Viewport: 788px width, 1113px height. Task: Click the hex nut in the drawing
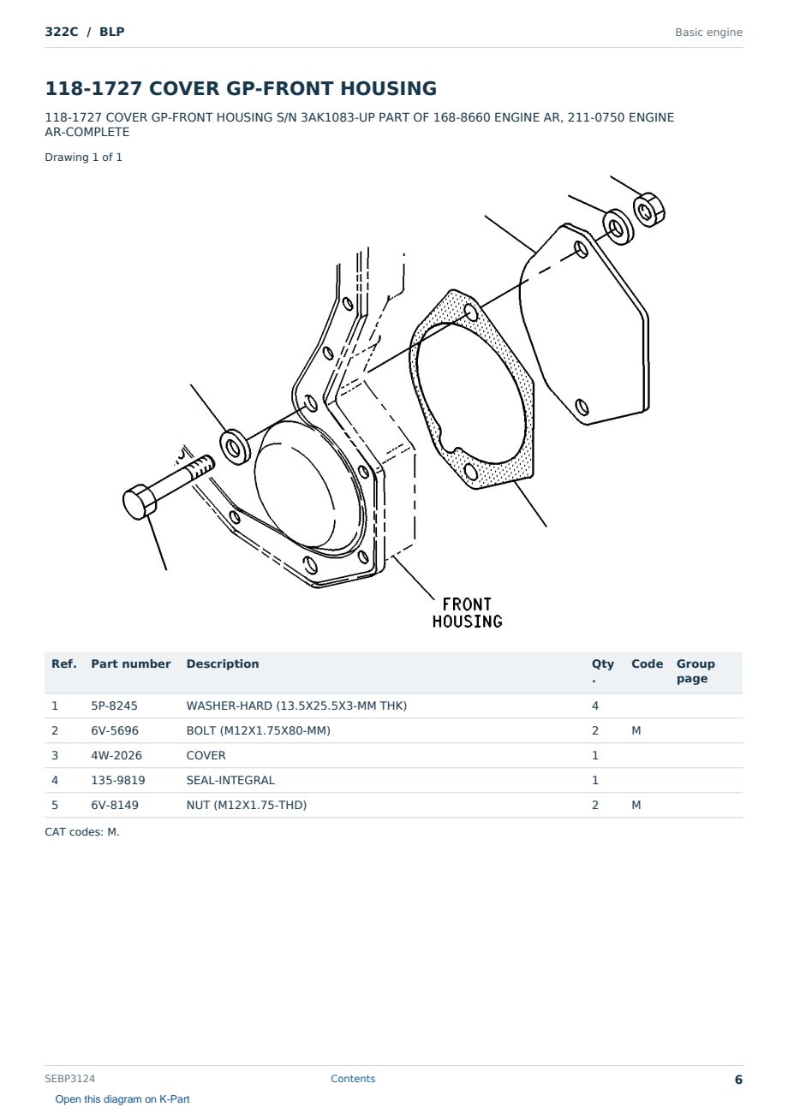coord(648,210)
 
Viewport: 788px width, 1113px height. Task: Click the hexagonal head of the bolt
coord(140,502)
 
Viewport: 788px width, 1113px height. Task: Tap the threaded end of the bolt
coord(201,467)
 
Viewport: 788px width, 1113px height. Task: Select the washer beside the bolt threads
coord(235,447)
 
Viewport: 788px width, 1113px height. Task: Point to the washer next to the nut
coord(618,227)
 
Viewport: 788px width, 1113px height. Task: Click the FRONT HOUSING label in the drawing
coord(467,613)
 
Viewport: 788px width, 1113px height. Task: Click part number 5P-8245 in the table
coord(114,705)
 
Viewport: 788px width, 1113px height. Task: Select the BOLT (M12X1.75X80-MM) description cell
coord(258,730)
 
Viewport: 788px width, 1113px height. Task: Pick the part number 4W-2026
coord(116,755)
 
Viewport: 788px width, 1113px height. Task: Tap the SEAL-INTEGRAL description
coord(230,780)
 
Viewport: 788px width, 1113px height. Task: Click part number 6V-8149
coord(115,805)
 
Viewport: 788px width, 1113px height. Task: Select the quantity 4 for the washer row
coord(595,705)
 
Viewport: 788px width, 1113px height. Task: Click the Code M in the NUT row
coord(636,805)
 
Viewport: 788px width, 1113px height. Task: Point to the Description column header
coord(223,664)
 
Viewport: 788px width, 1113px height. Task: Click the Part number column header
coord(131,664)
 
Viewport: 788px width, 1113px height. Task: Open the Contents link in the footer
coord(353,1078)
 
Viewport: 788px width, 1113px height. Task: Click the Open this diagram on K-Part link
coord(122,1099)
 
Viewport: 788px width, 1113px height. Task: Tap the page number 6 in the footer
coord(738,1080)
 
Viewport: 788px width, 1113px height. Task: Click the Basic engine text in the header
coord(708,33)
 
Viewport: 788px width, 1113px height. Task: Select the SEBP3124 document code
coord(70,1078)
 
